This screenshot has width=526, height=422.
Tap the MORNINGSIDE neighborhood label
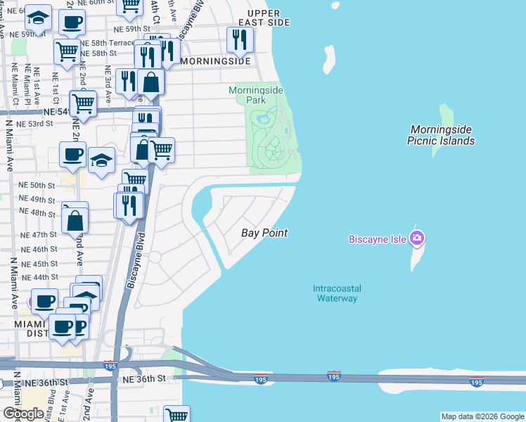point(215,62)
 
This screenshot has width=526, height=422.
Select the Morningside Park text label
point(247,95)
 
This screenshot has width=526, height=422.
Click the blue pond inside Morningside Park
point(264,119)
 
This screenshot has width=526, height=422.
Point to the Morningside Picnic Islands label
point(442,135)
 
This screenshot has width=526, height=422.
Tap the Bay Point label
point(264,233)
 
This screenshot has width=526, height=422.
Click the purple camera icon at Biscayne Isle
point(417,239)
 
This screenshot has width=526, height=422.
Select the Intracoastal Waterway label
point(335,293)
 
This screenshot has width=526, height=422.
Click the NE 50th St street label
point(37,185)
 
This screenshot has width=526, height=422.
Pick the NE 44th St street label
point(39,277)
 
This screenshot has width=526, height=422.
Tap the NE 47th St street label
point(39,235)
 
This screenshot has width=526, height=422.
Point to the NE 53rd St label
point(35,124)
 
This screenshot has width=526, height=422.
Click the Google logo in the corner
point(23,414)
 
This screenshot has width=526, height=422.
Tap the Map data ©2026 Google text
point(482,416)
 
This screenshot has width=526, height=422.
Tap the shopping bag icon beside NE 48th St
point(75,220)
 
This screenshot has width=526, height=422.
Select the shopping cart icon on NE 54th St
point(82,103)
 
